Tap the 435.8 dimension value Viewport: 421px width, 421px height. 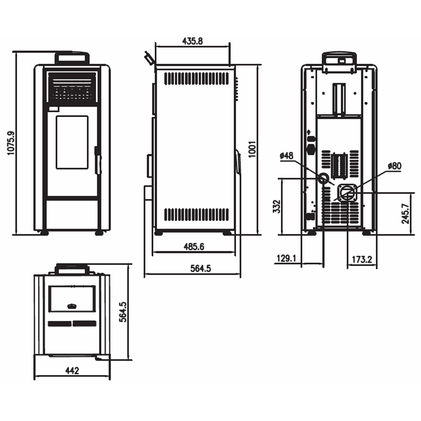coord(193,41)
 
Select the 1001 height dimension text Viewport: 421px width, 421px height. coord(252,149)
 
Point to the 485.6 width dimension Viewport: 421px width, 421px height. coord(194,247)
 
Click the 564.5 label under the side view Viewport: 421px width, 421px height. coord(201,268)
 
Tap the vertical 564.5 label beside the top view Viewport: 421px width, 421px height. coord(123,312)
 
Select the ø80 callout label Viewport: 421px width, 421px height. coord(395,166)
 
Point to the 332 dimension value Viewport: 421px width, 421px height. coord(276,206)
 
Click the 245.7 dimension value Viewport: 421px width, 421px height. coord(405,214)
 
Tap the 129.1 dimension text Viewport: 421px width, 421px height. coord(286,259)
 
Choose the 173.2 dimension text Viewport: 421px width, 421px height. coord(362,260)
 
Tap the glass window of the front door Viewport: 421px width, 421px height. coord(72,142)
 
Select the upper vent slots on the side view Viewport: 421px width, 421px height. coord(196,79)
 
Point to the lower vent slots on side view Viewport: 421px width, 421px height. coord(196,214)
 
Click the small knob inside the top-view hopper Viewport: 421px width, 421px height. coord(72,306)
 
